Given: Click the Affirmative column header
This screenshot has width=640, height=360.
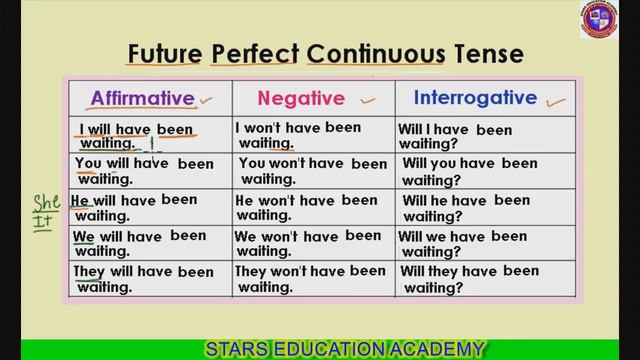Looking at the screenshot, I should click(x=141, y=98).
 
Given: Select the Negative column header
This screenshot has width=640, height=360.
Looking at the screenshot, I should click(x=301, y=98).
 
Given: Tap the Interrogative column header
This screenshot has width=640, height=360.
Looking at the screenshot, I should click(x=475, y=98).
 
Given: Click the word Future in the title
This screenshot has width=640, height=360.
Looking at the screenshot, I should click(x=163, y=52).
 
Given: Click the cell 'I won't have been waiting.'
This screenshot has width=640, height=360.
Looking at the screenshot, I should click(x=311, y=135).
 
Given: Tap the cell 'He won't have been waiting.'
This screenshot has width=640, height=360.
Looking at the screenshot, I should click(x=311, y=207).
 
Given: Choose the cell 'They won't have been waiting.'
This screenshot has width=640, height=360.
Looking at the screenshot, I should click(x=311, y=278).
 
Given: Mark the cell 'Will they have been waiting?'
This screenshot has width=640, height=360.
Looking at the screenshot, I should click(x=468, y=279).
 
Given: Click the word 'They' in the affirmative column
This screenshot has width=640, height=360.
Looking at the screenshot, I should click(x=89, y=271).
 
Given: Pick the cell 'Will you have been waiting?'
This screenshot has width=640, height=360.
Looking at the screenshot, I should click(x=468, y=171).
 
